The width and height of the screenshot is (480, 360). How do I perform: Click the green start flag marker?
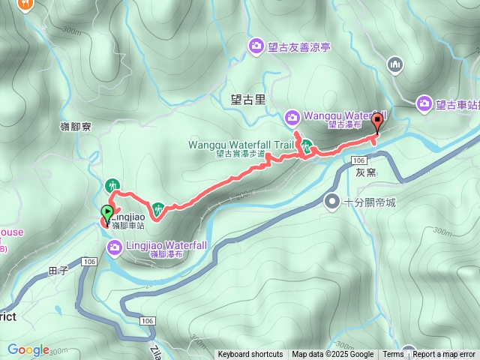pos(106,214)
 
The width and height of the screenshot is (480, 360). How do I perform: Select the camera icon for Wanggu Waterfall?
pos(292,116)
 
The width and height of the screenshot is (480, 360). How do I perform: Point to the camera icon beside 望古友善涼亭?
pos(256,46)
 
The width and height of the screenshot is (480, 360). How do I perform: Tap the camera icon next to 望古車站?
pos(425,103)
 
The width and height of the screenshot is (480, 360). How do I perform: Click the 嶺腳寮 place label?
pos(76,127)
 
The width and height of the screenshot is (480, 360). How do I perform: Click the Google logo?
pos(28,349)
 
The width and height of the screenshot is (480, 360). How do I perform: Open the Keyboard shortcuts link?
pos(250,355)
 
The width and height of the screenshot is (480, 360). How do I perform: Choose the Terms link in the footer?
pos(393,355)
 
